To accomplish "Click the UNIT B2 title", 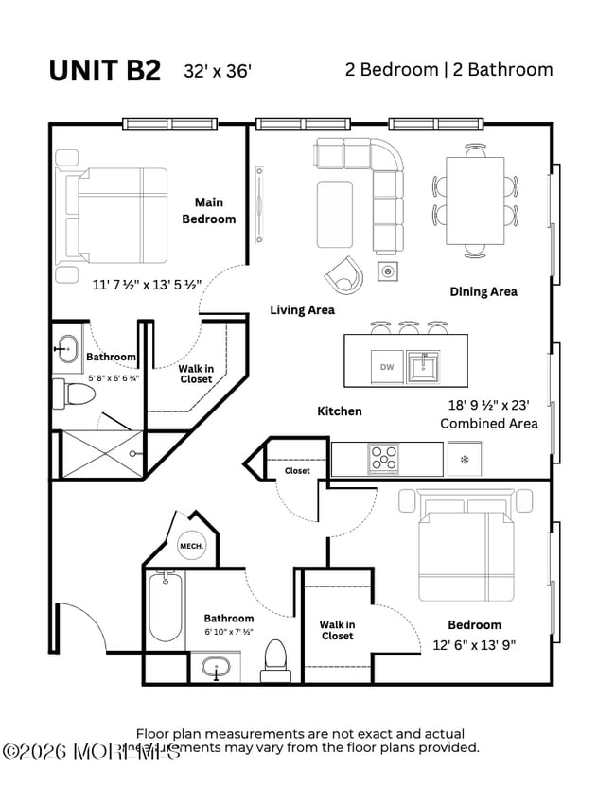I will click(104, 71).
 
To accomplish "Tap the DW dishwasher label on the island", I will click(386, 367).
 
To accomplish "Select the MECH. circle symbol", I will click(189, 546).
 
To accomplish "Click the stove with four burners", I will click(384, 459).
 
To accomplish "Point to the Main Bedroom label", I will click(209, 210).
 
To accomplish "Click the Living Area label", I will click(302, 309).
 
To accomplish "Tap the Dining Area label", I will click(483, 291).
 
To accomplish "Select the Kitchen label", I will click(339, 411).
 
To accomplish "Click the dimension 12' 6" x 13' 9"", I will click(474, 645).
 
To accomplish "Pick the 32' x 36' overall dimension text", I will click(219, 72).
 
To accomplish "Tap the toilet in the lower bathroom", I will click(275, 656).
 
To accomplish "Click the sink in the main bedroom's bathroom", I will click(66, 349).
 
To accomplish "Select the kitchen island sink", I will click(423, 366).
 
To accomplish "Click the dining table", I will click(475, 200).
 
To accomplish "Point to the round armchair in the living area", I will click(343, 275).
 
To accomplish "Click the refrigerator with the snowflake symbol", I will click(464, 459).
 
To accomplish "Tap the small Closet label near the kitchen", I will click(297, 470).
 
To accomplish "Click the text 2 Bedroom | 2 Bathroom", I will click(448, 70).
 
